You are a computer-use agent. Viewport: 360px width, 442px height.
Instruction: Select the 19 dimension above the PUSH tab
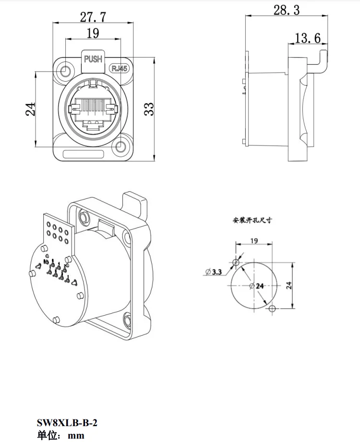click(93, 33)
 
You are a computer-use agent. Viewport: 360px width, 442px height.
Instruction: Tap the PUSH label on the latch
click(93, 59)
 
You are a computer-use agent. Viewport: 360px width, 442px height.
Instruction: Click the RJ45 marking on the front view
click(120, 68)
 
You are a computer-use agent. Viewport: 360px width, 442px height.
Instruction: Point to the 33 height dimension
click(149, 109)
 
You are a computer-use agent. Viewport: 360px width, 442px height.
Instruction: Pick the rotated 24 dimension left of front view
click(30, 109)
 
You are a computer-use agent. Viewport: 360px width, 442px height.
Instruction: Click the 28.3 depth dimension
click(287, 10)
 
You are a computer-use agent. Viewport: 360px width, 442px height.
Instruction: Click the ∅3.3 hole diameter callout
click(214, 272)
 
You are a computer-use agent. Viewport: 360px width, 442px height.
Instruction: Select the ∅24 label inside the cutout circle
click(257, 285)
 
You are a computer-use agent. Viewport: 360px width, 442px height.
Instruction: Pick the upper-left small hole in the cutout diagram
click(235, 262)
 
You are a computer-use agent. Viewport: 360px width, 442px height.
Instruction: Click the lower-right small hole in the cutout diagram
click(272, 308)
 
